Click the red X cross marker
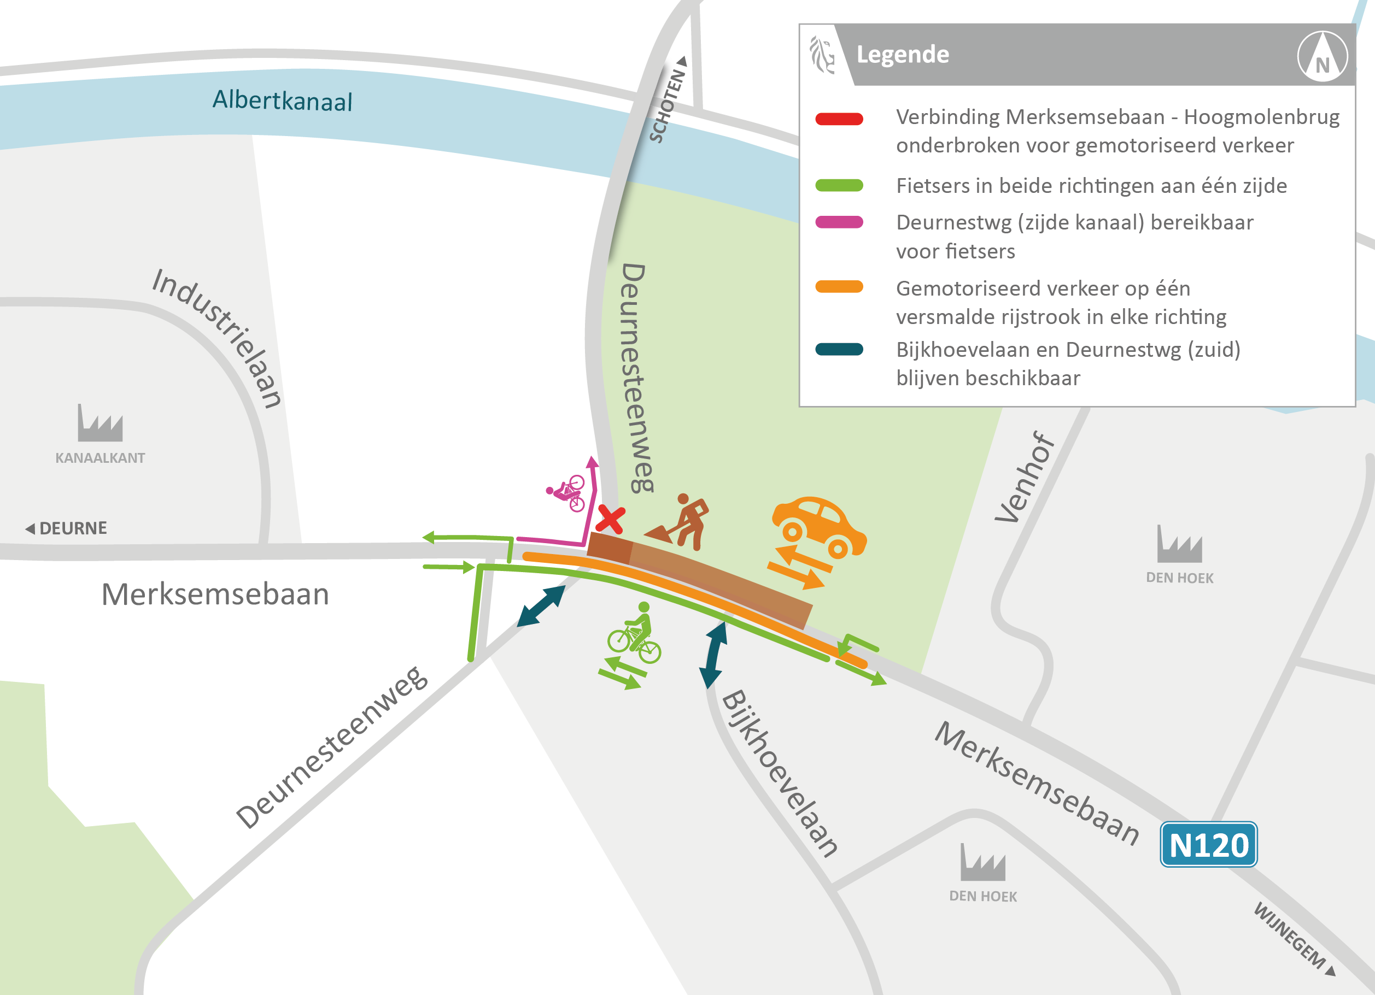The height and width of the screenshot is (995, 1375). click(610, 519)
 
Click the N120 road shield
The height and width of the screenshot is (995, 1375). click(1208, 844)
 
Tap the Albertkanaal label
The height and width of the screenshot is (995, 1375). click(282, 100)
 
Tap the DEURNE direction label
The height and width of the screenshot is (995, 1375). click(67, 528)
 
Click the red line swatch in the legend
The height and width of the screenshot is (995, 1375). click(839, 119)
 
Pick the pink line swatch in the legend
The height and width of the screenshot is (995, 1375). click(839, 222)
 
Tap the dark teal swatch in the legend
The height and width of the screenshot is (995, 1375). click(839, 350)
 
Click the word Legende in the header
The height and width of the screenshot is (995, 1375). click(903, 55)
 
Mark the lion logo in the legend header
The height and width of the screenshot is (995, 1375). click(822, 55)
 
